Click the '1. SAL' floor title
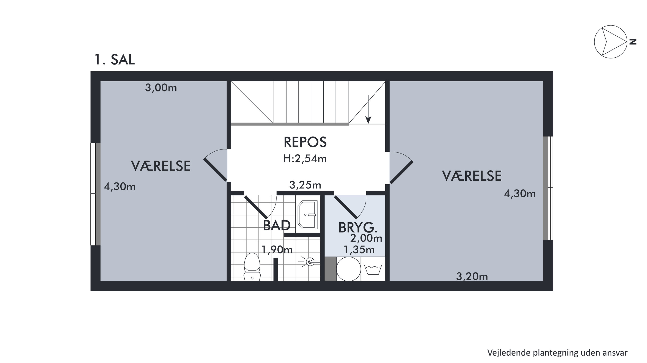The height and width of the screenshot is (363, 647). pyautogui.click(x=115, y=60)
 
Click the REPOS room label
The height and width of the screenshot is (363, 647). pyautogui.click(x=305, y=142)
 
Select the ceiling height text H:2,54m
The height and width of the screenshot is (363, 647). pyautogui.click(x=305, y=159)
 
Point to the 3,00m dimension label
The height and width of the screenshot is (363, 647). pyautogui.click(x=161, y=88)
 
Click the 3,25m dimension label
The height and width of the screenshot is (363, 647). pyautogui.click(x=305, y=185)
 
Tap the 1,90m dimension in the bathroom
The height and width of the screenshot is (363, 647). pyautogui.click(x=277, y=250)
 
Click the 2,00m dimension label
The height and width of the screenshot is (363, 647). pyautogui.click(x=366, y=238)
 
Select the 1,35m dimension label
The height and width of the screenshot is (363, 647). pyautogui.click(x=359, y=250)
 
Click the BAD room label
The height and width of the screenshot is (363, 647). pyautogui.click(x=277, y=225)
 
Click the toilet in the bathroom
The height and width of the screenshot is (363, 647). pyautogui.click(x=252, y=267)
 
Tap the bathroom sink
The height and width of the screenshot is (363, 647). pyautogui.click(x=308, y=215)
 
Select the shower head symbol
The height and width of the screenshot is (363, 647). pyautogui.click(x=309, y=262)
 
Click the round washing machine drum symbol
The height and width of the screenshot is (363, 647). pyautogui.click(x=349, y=269)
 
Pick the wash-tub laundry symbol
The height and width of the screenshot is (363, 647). pyautogui.click(x=373, y=269)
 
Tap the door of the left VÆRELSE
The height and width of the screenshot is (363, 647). pyautogui.click(x=215, y=170)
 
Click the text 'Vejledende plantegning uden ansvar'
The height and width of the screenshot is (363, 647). pyautogui.click(x=557, y=353)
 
